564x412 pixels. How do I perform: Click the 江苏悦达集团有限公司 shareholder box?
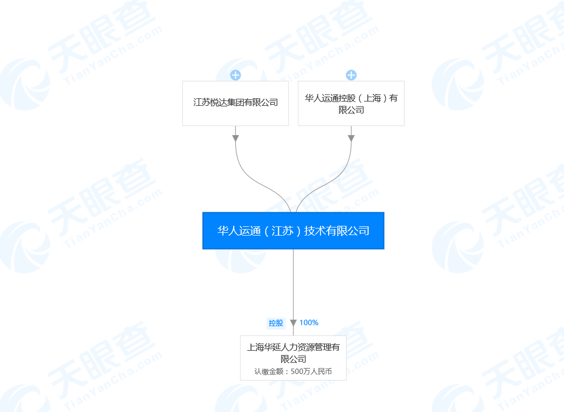[235, 103]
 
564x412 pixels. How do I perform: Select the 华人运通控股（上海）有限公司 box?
[351, 103]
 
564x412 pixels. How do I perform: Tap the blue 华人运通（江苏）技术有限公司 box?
[293, 231]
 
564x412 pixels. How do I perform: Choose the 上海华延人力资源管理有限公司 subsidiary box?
[293, 357]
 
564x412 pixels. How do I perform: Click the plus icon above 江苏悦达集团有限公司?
[235, 75]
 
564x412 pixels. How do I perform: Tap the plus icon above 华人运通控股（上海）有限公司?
[351, 75]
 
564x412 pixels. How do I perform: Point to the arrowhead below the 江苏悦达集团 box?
[235, 138]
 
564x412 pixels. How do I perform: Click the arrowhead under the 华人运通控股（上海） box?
[351, 138]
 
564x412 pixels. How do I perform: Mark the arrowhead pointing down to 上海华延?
[293, 323]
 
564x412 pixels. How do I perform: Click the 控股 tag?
[276, 323]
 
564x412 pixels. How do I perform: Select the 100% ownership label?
[309, 322]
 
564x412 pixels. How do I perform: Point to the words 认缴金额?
[268, 372]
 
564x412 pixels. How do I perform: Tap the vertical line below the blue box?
[293, 282]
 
